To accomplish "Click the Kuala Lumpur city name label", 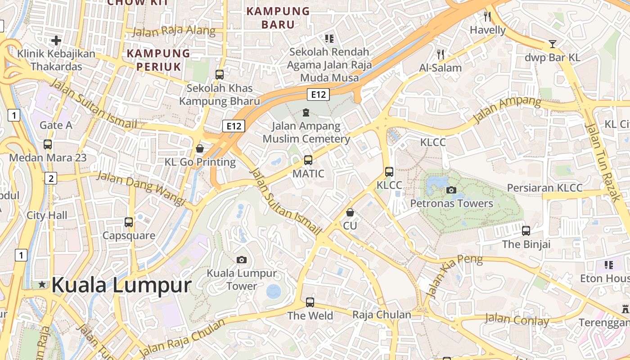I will pos(121,285).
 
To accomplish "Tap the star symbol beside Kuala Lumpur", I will pos(42,284).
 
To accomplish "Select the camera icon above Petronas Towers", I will pos(451,190).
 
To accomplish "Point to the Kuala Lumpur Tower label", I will pos(242,279).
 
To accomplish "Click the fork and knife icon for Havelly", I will pos(487,17).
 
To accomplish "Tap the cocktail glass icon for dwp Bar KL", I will pos(553,44).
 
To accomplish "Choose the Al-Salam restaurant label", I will pos(440,68).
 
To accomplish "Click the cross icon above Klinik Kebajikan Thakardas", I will pos(56,41).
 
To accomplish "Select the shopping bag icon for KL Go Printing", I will pos(200,148).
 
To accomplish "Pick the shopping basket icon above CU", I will pos(350,212).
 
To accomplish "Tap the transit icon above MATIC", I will pos(308,160).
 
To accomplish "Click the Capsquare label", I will pos(129,235).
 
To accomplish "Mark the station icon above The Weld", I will pos(310,302).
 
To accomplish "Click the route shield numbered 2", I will pos(51,179).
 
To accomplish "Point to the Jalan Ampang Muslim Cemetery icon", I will pos(306,112).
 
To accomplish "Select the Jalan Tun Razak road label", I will pos(603,155).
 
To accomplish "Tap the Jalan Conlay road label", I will pos(517,320).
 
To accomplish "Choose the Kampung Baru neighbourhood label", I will pos(278,18).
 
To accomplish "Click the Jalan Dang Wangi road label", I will pos(141,188).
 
